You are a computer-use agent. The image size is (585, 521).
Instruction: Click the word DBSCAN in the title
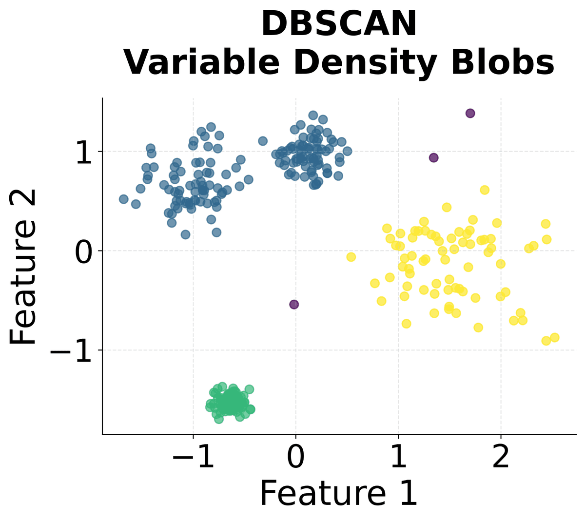click(339, 24)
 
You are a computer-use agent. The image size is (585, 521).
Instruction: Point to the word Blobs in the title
click(502, 62)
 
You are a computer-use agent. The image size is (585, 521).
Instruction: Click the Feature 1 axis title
click(338, 493)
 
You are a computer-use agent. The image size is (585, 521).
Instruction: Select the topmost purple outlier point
click(470, 113)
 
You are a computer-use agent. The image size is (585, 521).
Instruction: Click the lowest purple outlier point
click(294, 304)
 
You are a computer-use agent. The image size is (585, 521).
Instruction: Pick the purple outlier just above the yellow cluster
click(433, 157)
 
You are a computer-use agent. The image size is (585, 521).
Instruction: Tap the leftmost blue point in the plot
click(124, 199)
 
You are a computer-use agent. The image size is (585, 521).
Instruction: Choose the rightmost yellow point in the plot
click(554, 337)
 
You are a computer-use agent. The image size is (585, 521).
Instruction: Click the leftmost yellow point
click(351, 257)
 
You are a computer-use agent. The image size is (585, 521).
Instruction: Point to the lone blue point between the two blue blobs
click(263, 141)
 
